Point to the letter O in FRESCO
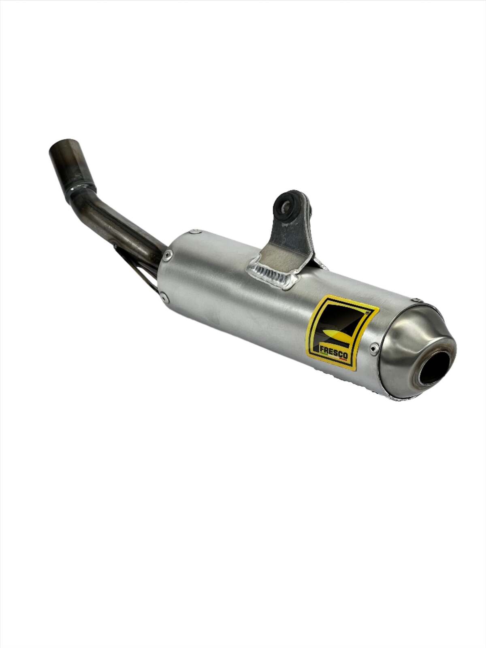click(x=345, y=358)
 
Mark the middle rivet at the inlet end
click(x=169, y=255)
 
